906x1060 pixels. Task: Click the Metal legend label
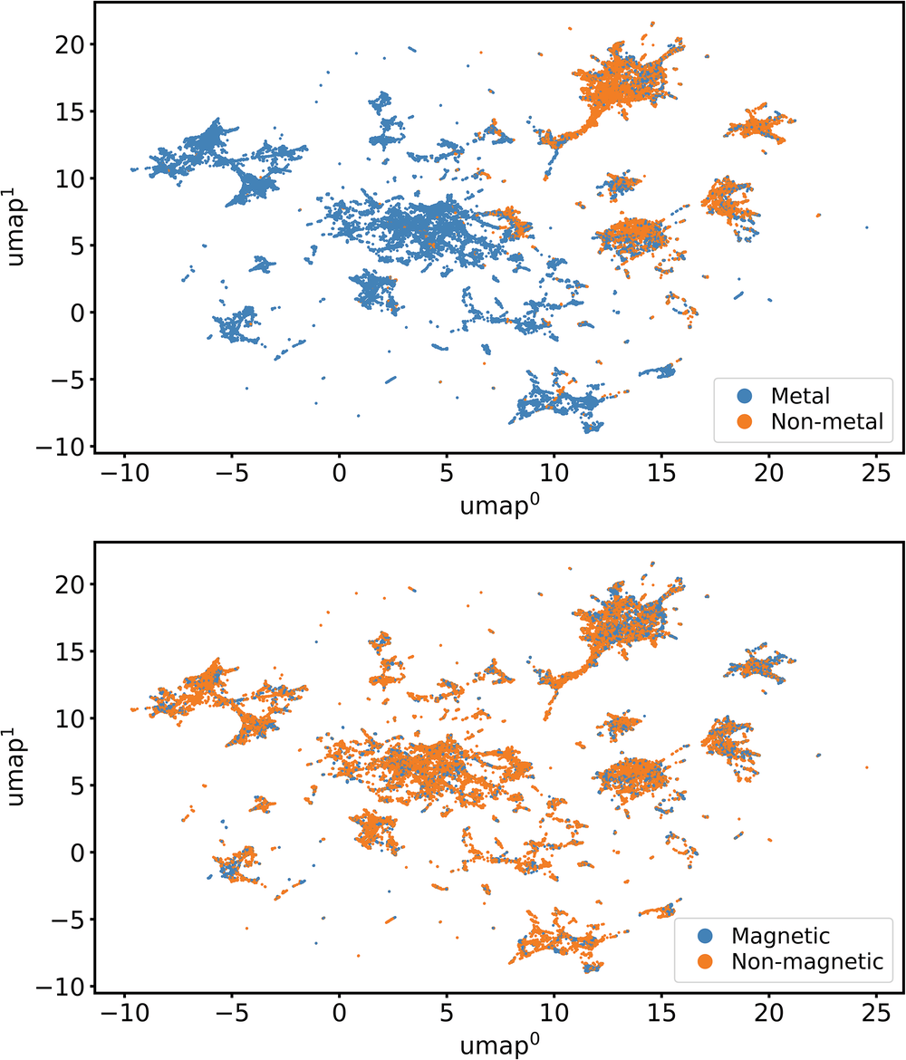(x=801, y=395)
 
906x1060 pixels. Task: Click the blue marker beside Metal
(x=745, y=395)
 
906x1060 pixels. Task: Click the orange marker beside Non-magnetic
(x=706, y=960)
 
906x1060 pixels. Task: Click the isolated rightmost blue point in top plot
(x=867, y=227)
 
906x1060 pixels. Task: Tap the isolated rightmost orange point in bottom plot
(x=867, y=767)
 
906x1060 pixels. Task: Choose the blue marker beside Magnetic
(x=706, y=935)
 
